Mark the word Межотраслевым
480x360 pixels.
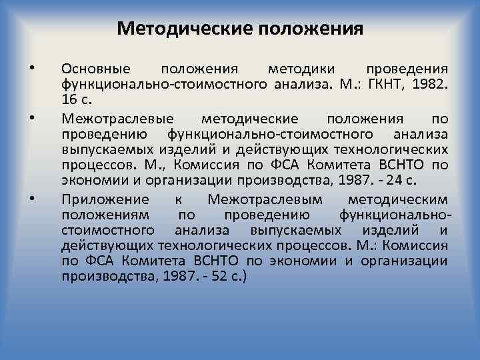click(265, 199)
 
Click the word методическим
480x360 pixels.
click(398, 199)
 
